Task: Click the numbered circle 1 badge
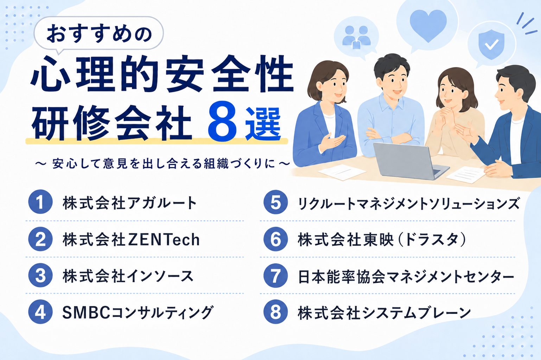point(40,202)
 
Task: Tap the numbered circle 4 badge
point(40,312)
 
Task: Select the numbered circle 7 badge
point(275,276)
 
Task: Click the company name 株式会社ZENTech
point(131,239)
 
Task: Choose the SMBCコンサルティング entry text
point(138,312)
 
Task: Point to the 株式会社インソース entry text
point(128,276)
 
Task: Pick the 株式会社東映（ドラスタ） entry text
point(382,239)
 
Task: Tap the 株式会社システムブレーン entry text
point(384,312)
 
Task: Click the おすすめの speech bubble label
point(99,34)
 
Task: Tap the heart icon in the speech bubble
point(428,26)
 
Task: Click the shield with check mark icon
point(491,45)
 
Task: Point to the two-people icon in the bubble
point(356,37)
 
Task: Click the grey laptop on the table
point(410,161)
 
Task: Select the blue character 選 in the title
point(263,123)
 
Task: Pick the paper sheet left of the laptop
point(342,172)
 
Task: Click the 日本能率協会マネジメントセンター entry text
point(406,276)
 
